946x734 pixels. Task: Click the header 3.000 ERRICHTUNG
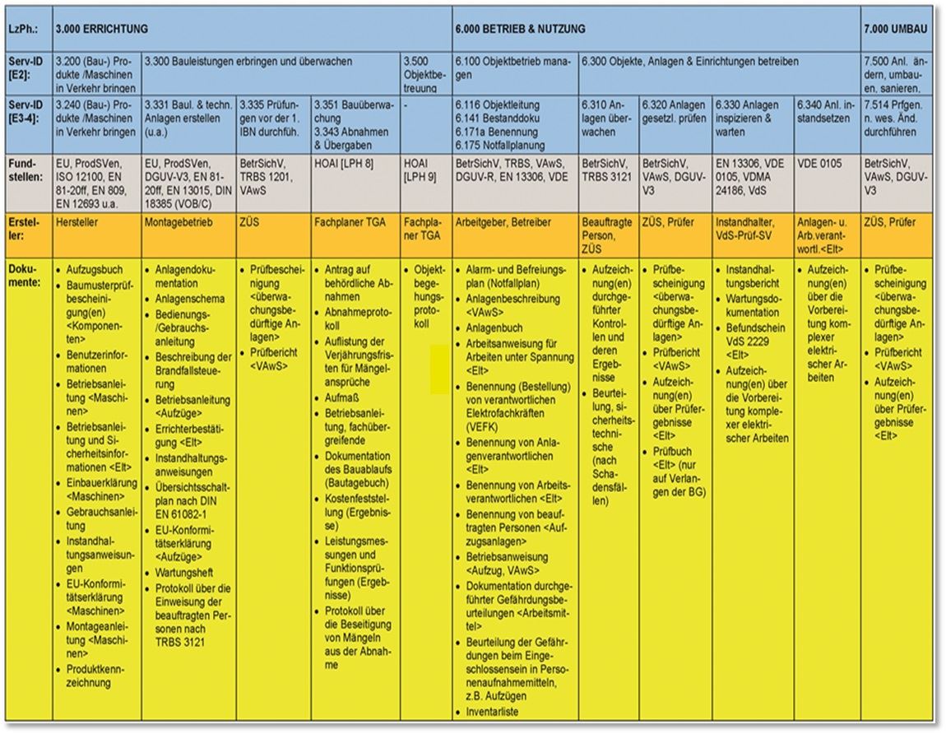102,29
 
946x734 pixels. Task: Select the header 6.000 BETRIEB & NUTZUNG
520,29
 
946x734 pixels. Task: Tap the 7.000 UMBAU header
896,29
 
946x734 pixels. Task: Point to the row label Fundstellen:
26,170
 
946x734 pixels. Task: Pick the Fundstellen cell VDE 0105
819,164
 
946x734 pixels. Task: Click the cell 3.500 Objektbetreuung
424,73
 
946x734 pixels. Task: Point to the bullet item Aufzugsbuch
94,270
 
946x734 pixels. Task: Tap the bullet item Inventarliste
493,712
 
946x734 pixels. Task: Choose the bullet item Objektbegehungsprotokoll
429,296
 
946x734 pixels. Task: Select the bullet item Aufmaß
341,397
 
